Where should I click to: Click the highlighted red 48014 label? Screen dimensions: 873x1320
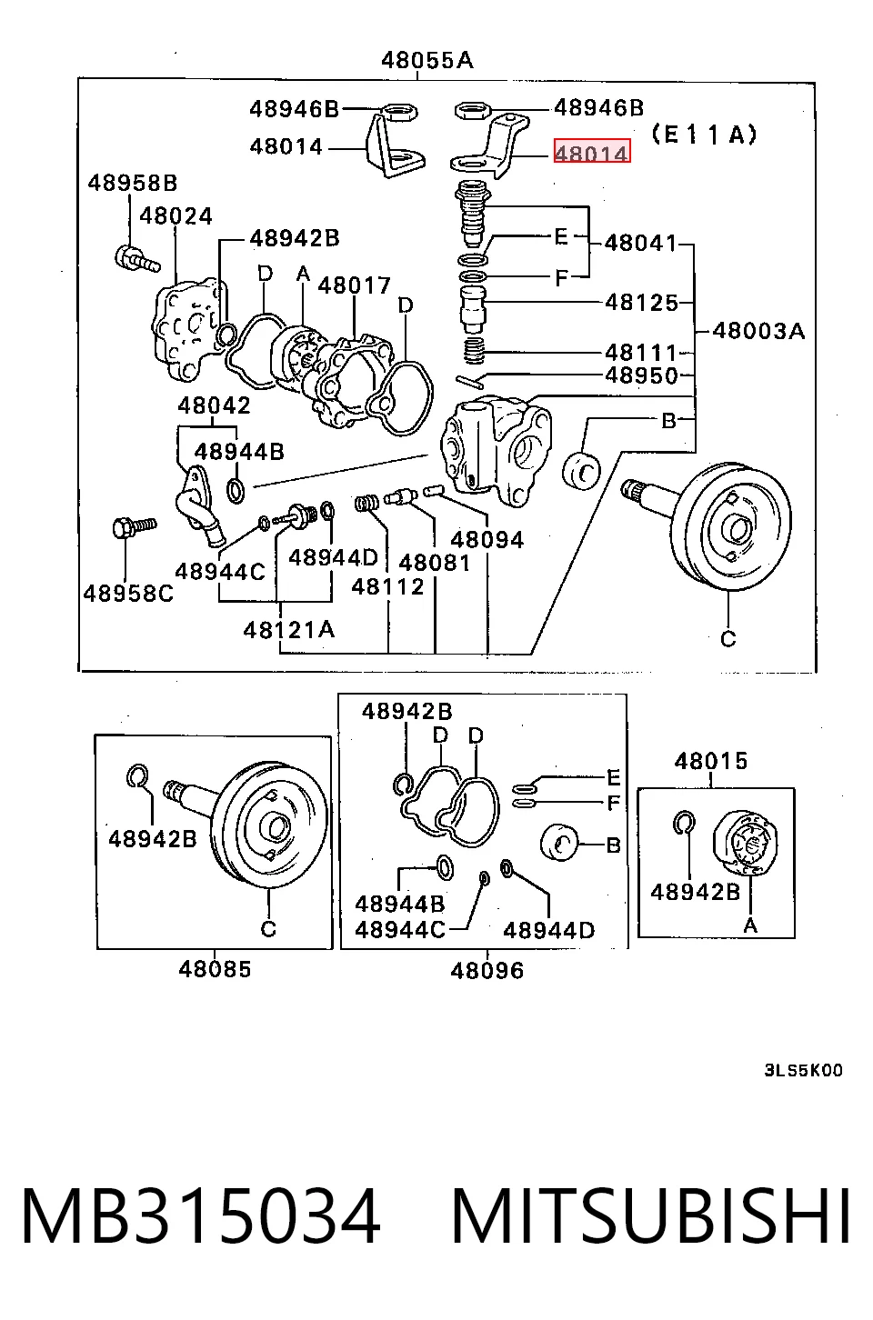592,152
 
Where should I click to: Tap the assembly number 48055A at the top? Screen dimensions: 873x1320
427,60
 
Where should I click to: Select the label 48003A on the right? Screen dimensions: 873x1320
758,331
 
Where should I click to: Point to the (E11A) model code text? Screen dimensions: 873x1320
705,135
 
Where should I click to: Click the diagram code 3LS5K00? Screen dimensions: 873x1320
804,1070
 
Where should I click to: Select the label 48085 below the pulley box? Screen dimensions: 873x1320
215,969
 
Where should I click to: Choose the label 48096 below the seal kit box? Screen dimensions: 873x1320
487,970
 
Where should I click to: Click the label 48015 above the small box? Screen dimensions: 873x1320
711,761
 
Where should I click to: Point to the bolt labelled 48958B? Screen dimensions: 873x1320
136,259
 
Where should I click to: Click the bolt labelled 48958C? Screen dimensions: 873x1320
134,526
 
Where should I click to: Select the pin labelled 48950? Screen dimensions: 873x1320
470,382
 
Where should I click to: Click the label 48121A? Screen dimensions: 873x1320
289,631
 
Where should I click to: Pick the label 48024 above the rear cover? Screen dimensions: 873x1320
176,216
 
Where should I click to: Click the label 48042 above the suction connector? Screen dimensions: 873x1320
214,405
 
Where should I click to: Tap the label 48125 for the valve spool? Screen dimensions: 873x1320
641,303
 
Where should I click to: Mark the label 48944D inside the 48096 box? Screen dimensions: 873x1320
548,931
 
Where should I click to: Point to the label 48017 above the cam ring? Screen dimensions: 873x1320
355,285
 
